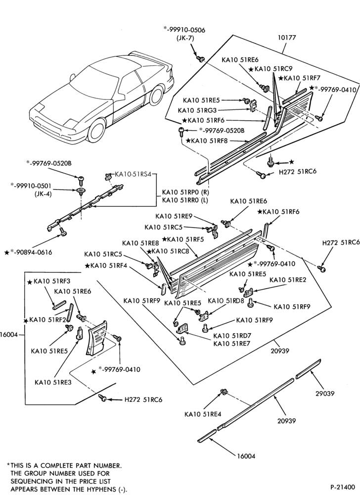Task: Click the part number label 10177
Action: pyautogui.click(x=286, y=38)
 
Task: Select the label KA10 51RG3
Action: pyautogui.click(x=198, y=110)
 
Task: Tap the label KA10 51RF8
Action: pyautogui.click(x=209, y=141)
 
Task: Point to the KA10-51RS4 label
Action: pyautogui.click(x=134, y=174)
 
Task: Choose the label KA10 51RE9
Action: pyautogui.click(x=175, y=216)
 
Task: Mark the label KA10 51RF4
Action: pyautogui.click(x=108, y=265)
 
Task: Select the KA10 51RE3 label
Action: pyautogui.click(x=53, y=382)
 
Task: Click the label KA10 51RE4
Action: pyautogui.click(x=203, y=414)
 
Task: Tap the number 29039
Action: pyautogui.click(x=325, y=394)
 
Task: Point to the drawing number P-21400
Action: pyautogui.click(x=342, y=487)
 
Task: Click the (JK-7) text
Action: pyautogui.click(x=185, y=38)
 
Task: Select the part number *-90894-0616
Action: pyautogui.click(x=31, y=252)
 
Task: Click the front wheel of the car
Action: pyautogui.click(x=96, y=130)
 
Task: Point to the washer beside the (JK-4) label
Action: pyautogui.click(x=81, y=191)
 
